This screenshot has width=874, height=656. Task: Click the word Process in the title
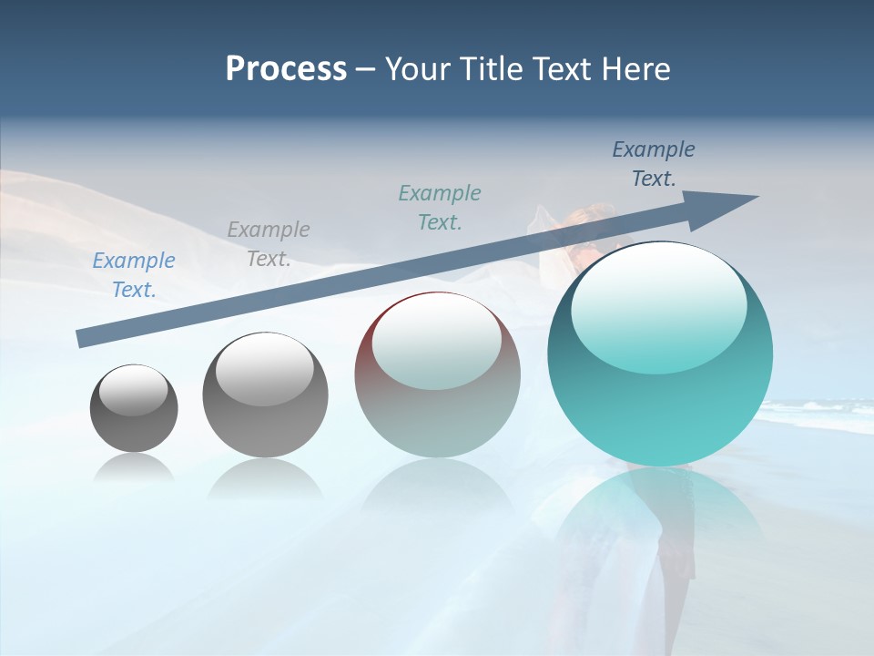[x=286, y=69]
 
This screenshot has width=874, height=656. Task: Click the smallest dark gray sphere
[x=134, y=408]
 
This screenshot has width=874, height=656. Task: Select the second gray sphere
[x=265, y=395]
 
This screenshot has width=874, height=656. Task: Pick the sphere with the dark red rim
[x=437, y=375]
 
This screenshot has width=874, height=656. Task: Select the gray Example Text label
[x=269, y=244]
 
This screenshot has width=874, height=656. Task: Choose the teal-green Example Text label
[x=440, y=208]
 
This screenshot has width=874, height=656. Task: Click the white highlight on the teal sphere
[x=659, y=301]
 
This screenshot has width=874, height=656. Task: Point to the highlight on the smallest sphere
[x=134, y=390]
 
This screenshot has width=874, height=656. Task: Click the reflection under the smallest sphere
[x=134, y=468]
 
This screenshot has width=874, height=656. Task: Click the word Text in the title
[x=565, y=69]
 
